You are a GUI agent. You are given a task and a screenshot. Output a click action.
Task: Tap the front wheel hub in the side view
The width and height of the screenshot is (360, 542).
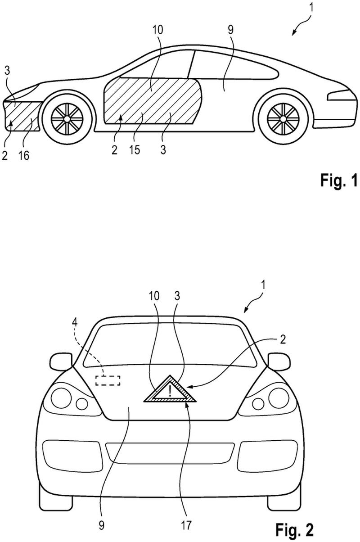click(67, 119)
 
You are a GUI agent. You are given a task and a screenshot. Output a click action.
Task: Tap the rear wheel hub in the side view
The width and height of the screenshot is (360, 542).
click(283, 119)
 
